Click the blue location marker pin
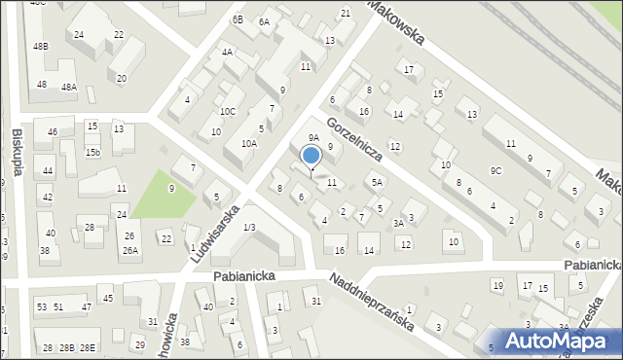point(311,157)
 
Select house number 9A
point(313,138)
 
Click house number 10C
point(227,112)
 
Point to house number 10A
point(249,143)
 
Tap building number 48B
point(40,46)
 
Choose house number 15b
point(92,152)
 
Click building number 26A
point(129,250)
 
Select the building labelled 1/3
point(249,227)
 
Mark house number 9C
point(495,171)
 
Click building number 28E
point(88,347)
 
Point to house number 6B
point(238,19)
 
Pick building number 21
point(346,13)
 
